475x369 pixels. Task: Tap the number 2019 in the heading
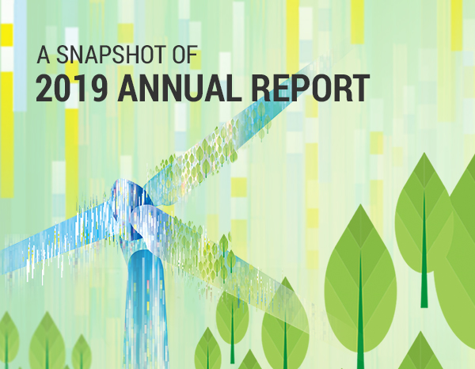(x=71, y=89)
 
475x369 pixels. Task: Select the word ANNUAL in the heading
(x=180, y=89)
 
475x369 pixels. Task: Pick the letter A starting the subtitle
(x=44, y=55)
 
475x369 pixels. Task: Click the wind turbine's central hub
(x=131, y=209)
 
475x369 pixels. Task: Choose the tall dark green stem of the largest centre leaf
(x=360, y=309)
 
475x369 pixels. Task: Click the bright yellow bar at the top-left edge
(x=6, y=35)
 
